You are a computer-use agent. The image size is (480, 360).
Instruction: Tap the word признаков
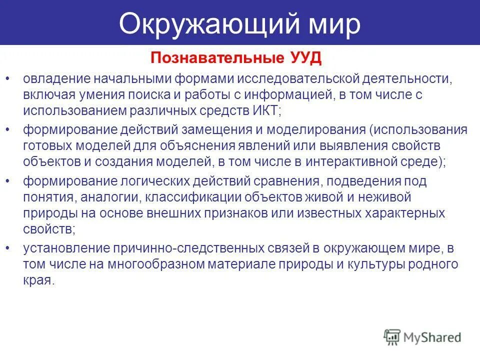(x=269, y=213)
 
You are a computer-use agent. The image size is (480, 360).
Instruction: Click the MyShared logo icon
(x=392, y=336)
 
